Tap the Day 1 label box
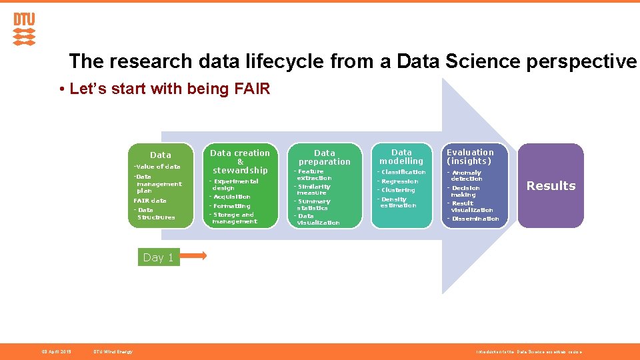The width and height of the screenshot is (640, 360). [x=159, y=257]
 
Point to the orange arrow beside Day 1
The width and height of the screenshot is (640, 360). [x=194, y=255]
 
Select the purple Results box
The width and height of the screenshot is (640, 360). [x=551, y=185]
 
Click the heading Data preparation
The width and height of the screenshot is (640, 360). [x=325, y=157]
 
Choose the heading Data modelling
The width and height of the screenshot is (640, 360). [x=401, y=157]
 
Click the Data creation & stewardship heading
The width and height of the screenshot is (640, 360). [x=240, y=161]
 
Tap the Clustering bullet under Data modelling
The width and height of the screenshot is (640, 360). [x=398, y=190]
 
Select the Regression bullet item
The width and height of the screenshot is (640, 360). [x=399, y=181]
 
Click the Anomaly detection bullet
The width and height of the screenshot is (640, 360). [x=466, y=175]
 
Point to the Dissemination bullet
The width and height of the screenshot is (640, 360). [x=475, y=219]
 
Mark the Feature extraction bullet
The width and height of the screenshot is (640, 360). [x=314, y=175]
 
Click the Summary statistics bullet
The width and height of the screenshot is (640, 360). [x=313, y=205]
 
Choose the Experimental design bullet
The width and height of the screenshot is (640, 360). [x=235, y=185]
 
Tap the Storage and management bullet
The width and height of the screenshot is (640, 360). [x=234, y=218]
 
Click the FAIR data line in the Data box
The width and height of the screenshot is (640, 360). [x=150, y=201]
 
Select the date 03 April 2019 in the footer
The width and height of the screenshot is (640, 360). [x=57, y=351]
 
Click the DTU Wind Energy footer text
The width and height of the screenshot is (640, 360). [x=113, y=351]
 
